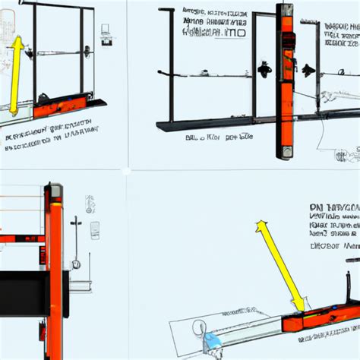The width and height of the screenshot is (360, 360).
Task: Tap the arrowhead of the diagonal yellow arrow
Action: click(261, 226)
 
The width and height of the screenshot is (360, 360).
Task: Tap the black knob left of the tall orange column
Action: click(264, 70)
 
